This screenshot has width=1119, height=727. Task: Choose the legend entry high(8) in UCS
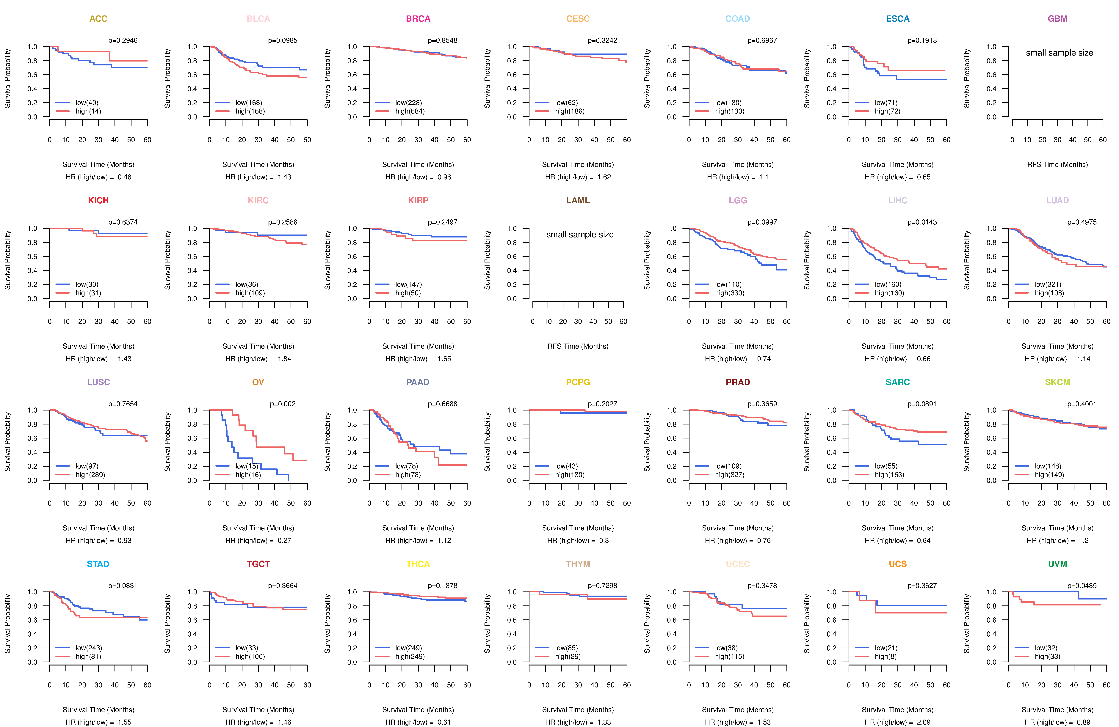click(x=885, y=657)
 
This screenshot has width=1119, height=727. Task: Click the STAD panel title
click(x=98, y=564)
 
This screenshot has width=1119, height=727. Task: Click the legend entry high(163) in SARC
click(x=889, y=475)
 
